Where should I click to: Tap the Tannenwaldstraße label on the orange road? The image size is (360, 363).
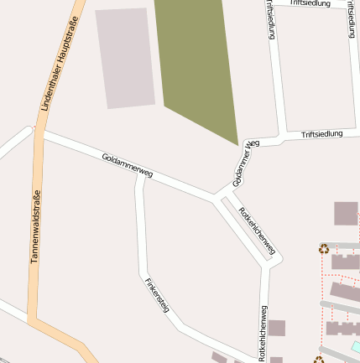36,226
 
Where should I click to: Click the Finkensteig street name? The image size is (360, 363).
157,295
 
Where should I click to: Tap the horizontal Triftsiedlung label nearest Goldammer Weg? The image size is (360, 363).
322,133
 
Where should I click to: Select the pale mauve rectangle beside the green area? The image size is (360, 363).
125,58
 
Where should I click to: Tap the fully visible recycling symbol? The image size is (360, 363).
323,248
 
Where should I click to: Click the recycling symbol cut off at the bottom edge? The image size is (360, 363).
319,360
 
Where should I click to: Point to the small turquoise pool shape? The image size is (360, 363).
357,345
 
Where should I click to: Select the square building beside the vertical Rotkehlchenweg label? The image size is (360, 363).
277,327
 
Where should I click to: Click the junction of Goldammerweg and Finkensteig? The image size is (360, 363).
141,174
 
